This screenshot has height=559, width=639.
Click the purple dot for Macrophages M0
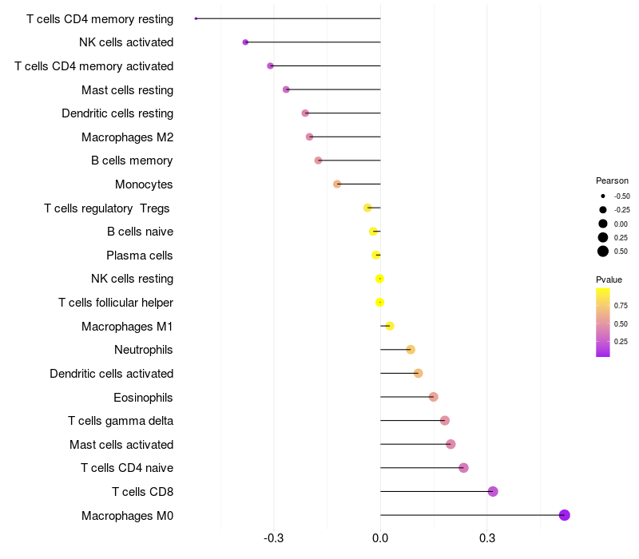click(x=564, y=515)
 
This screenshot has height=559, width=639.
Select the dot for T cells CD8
click(x=493, y=491)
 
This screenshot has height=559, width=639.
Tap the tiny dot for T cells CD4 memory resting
click(x=196, y=18)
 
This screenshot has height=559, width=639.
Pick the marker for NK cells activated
click(x=245, y=42)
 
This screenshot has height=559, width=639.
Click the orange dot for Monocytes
click(x=337, y=184)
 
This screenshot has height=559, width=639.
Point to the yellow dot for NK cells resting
click(x=379, y=279)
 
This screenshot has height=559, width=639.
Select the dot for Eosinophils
click(x=433, y=397)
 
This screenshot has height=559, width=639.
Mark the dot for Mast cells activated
click(x=450, y=444)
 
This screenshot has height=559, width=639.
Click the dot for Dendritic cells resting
click(x=305, y=113)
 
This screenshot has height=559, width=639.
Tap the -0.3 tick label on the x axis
click(x=273, y=538)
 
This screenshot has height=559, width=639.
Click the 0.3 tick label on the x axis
click(x=487, y=538)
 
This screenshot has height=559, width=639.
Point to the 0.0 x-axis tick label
click(x=380, y=538)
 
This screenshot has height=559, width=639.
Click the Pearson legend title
click(x=612, y=180)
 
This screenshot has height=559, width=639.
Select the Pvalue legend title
click(x=609, y=279)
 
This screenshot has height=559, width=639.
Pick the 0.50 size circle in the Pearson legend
click(x=603, y=252)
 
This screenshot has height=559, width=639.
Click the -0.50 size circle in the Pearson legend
click(x=603, y=196)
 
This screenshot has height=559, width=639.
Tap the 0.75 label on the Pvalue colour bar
click(x=621, y=306)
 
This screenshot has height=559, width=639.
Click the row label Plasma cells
click(x=139, y=256)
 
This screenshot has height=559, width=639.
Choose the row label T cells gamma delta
click(x=121, y=421)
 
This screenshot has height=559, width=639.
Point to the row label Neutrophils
click(x=144, y=350)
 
